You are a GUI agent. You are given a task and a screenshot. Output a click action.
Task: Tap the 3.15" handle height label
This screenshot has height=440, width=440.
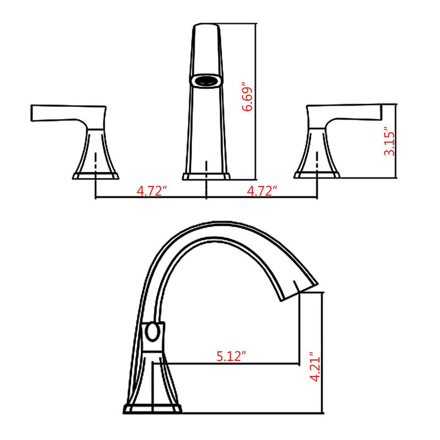pos(389,142)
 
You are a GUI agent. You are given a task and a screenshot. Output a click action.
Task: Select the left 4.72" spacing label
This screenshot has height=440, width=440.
pos(152,191)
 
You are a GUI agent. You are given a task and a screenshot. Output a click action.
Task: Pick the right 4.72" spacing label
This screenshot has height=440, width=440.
pos(261,191)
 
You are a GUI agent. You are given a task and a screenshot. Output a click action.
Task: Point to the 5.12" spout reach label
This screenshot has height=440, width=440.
pos(229,356)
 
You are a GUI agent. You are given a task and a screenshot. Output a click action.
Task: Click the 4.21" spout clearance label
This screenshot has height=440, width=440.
pos(315,367)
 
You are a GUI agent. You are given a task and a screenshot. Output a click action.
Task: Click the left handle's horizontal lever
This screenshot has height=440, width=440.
pos(66,113)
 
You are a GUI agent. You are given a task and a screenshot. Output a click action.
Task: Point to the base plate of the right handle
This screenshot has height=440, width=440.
pos(317,175)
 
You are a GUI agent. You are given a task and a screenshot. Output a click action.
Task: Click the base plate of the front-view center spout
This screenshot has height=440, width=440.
pos(206,177)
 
